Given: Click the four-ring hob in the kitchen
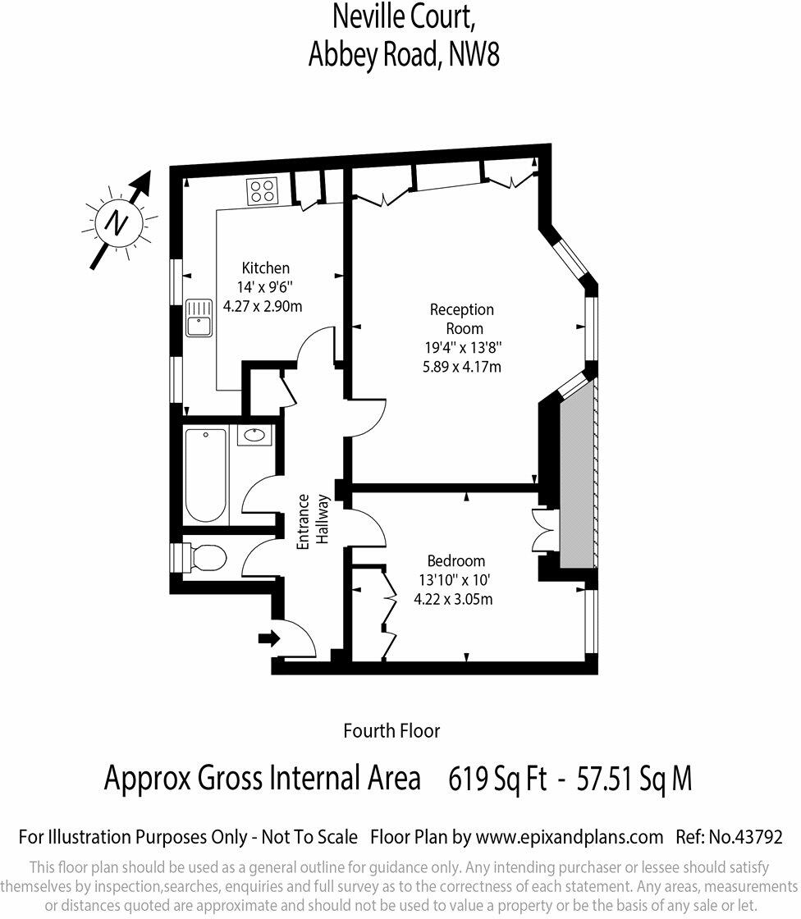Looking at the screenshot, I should coord(263,191).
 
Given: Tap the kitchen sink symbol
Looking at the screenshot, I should coord(199,317).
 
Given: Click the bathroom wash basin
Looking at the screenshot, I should coord(255,435).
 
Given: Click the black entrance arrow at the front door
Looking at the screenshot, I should coord(267,638).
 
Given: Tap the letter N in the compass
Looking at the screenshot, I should coord(120,222).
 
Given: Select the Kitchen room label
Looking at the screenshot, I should coord(265,268).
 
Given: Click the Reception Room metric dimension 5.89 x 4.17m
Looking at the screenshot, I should coord(461,366).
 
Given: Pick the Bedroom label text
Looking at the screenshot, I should coord(456,561).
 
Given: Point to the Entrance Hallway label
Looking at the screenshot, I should coord(313,522).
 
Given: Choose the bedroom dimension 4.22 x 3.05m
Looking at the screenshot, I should coord(454,599).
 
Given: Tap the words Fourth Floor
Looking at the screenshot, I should coord(391,730).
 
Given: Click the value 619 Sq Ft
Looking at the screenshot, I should coord(497,779).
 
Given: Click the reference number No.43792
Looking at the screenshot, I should coord(745,838).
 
